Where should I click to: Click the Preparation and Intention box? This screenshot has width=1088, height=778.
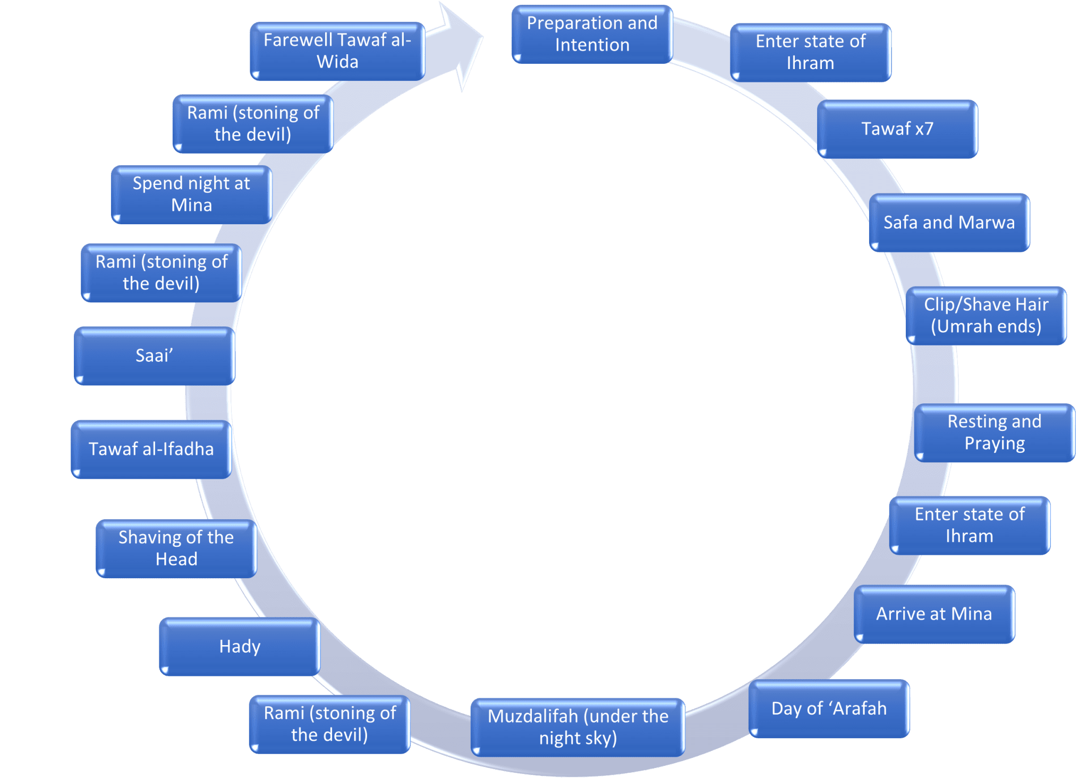592,35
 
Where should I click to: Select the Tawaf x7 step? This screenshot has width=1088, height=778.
897,129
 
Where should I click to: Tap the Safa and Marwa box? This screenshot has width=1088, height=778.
949,223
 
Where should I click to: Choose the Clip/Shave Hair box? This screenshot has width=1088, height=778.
986,316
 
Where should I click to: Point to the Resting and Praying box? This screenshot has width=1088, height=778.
994,433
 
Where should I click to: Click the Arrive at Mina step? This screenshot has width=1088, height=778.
934,614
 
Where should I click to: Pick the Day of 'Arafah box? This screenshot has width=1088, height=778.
829,709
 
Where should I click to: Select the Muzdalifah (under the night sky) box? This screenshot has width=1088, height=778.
578,727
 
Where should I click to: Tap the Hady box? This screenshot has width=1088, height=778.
240,647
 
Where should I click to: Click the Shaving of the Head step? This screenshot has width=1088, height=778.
176,548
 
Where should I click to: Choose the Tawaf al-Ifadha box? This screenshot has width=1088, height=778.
151,450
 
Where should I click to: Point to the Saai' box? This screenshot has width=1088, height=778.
154,356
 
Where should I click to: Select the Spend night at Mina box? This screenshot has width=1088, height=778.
191,194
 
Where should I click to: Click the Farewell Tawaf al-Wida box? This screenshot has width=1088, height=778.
337,51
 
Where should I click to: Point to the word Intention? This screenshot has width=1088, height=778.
592,45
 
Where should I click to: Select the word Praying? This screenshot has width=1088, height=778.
994,443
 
